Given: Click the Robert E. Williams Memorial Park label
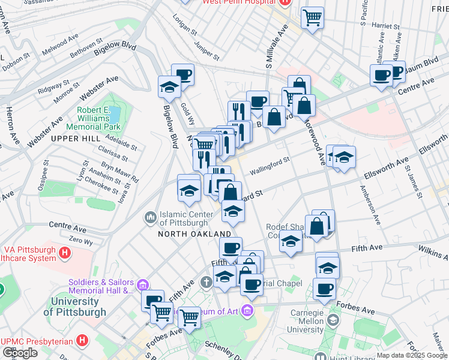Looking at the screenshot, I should (99, 118).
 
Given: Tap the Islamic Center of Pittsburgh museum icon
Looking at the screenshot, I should (149, 215).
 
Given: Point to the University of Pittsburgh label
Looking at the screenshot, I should (75, 307).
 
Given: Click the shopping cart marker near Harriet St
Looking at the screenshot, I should (312, 18).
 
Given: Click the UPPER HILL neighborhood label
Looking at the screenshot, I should (74, 139).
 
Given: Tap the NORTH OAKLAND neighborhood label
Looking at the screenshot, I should (194, 233).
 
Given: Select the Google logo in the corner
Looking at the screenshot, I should (20, 353).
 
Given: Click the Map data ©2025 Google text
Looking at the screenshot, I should (411, 355).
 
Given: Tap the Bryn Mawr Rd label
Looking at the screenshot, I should (120, 170).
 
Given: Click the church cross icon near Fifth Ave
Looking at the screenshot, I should (205, 281).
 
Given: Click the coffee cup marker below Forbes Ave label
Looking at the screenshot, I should (325, 289).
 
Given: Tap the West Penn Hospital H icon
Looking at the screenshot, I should (285, 2).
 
